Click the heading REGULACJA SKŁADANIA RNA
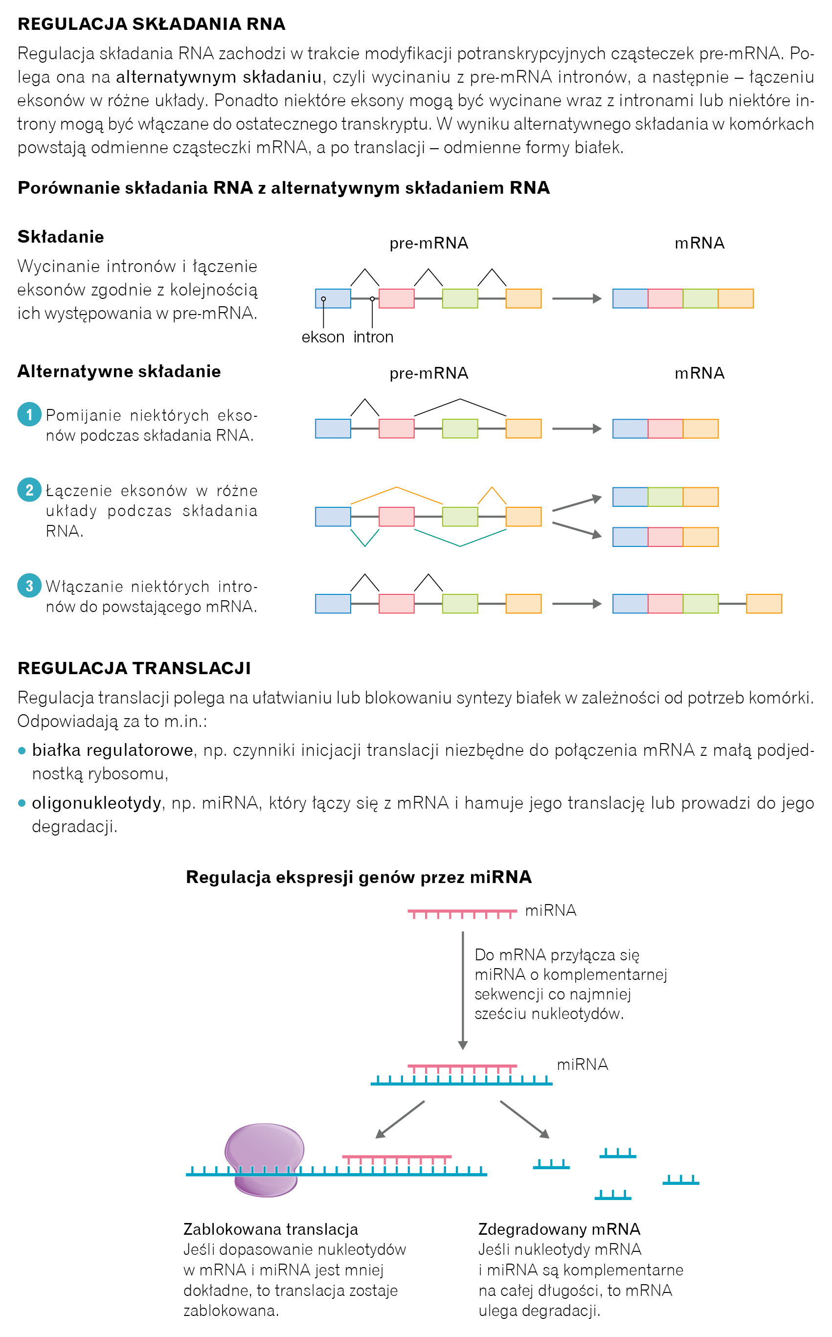tap(151, 24)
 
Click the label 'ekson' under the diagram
tap(322, 337)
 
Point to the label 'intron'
tap(373, 337)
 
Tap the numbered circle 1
tap(29, 414)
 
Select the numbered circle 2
tap(29, 490)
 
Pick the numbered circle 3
tap(29, 586)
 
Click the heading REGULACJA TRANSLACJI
tap(134, 668)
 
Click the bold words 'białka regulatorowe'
tap(112, 750)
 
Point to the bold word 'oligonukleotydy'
tap(96, 803)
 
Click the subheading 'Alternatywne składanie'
tap(119, 371)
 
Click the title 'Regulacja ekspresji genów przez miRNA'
tap(359, 877)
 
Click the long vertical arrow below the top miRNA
tap(463, 990)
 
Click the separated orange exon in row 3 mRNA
tap(764, 604)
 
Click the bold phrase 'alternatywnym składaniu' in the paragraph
tap(219, 77)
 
